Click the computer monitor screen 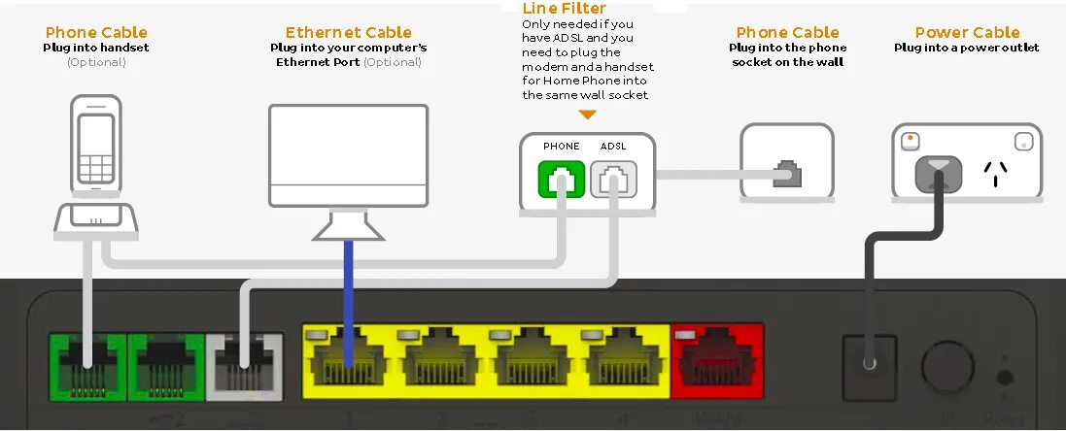point(348,151)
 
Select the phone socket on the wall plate point(788,175)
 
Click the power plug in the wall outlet point(937,176)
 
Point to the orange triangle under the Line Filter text point(587,115)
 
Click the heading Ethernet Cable point(348,33)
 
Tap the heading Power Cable point(967,33)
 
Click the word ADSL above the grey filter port point(613,147)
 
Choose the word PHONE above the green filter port point(562,147)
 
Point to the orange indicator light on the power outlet point(909,138)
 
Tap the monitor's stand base point(348,226)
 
